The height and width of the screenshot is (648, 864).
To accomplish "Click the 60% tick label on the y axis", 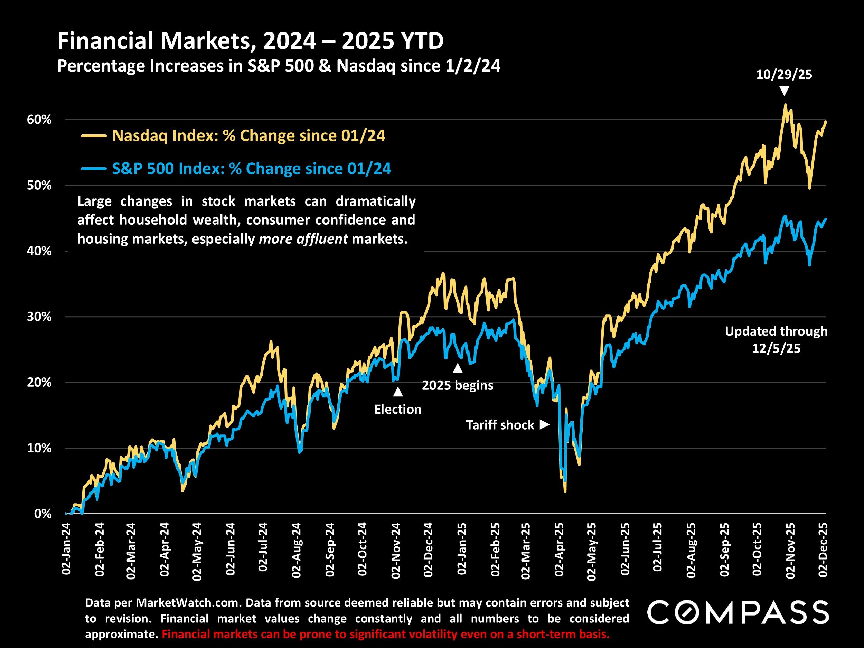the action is pyautogui.click(x=39, y=120).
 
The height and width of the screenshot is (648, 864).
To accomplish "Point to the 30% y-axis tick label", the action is pyautogui.click(x=39, y=317).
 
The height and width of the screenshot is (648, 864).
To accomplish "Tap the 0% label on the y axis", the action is pyautogui.click(x=43, y=514).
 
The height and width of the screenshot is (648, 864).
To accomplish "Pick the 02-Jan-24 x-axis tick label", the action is pyautogui.click(x=66, y=549).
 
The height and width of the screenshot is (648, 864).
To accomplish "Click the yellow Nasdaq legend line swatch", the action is pyautogui.click(x=94, y=136).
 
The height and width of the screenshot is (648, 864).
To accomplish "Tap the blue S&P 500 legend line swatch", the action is pyautogui.click(x=94, y=169).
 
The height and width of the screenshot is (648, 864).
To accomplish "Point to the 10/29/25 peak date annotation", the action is pyautogui.click(x=784, y=74).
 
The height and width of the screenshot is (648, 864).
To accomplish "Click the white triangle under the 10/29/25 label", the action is pyautogui.click(x=784, y=91).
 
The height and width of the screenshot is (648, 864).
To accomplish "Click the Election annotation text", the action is pyautogui.click(x=398, y=409).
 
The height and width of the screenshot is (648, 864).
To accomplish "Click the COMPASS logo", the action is pyautogui.click(x=738, y=612).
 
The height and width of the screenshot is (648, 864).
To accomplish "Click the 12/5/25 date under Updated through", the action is pyautogui.click(x=776, y=348).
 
